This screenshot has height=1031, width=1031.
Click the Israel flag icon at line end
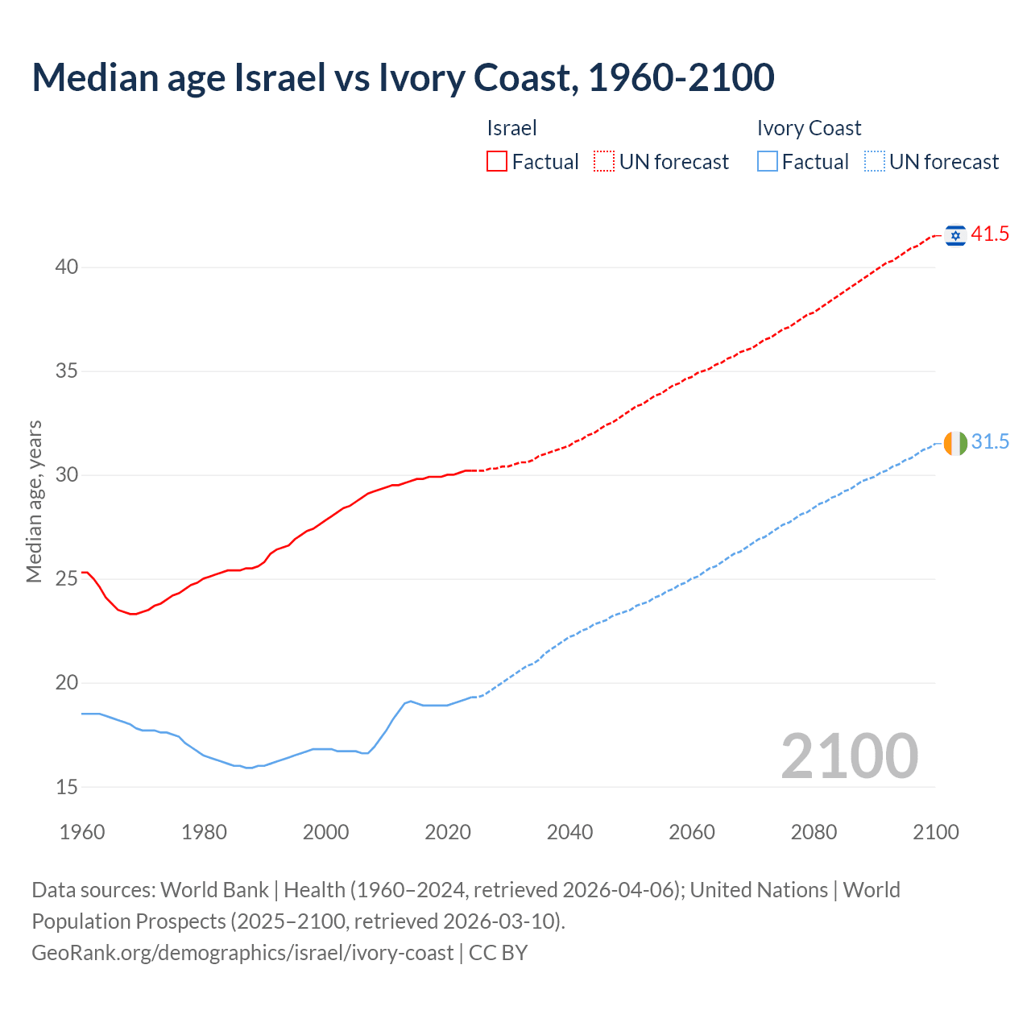pos(955,234)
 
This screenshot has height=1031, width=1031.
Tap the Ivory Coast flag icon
pos(955,443)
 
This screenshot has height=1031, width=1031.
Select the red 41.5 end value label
pos(990,234)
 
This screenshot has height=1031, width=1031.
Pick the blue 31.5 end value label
pos(990,442)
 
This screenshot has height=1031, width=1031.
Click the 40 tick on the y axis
pos(67,267)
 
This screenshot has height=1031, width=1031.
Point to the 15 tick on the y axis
pos(67,787)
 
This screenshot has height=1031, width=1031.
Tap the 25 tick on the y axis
pos(67,579)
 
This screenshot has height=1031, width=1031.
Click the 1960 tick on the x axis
pos(82,832)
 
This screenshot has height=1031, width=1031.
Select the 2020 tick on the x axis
pos(448,832)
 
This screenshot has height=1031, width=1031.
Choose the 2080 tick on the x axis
pos(814,832)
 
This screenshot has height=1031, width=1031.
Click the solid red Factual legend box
pos(497,162)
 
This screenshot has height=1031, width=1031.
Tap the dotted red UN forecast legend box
pos(604,162)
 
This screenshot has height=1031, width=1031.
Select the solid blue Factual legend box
pos(767,162)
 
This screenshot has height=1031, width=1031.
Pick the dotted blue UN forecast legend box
pos(874,162)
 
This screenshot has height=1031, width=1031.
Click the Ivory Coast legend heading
pos(809,129)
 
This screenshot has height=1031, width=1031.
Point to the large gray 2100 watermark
pos(850,756)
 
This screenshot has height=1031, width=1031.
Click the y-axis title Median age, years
pos(34,501)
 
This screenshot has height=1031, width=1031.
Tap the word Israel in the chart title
pos(274,77)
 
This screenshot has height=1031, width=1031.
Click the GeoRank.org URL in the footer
pos(242,953)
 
